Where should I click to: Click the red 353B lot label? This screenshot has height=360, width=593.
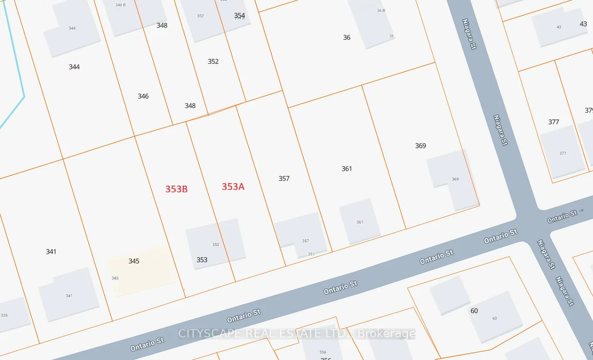176,189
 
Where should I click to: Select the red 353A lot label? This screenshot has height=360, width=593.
233,187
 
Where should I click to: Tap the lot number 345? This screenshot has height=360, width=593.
134,261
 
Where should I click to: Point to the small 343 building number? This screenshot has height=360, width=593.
115,278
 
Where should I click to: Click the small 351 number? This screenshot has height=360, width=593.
311,254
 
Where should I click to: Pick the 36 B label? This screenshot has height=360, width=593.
381,11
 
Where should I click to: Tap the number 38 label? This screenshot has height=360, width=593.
391,36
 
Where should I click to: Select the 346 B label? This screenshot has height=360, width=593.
121,5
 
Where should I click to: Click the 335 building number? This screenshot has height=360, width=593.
4,316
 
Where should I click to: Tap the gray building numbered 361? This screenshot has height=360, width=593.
359,221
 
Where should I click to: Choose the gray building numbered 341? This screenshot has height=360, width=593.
69,295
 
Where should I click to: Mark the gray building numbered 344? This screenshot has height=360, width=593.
72,31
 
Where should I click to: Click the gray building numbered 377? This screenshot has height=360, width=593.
562,152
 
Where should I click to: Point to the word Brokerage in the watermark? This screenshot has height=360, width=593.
386,334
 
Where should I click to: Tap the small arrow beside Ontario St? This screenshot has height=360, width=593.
581,211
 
